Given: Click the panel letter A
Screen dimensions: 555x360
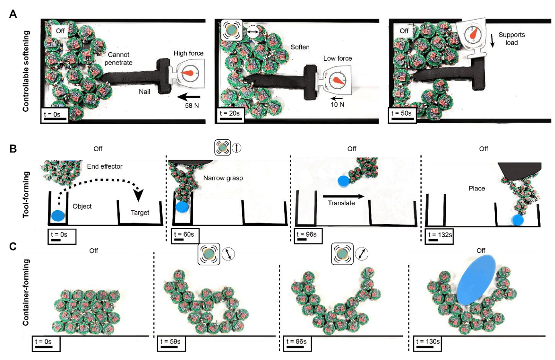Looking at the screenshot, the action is point(13,14).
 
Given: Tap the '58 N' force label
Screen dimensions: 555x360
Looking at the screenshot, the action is point(192,106).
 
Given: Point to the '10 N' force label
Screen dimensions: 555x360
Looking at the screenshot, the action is point(337,104).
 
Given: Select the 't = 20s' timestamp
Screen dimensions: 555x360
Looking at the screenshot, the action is point(230,113).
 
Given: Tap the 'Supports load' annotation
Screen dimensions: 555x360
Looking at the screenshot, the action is point(512,39).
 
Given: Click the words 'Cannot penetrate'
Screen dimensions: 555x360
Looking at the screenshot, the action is point(118,59).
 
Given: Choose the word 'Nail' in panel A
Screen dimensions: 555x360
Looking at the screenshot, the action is point(145,92).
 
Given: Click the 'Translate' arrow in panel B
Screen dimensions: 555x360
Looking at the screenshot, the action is point(343,196).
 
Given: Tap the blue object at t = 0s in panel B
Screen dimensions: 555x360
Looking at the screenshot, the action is point(58,216).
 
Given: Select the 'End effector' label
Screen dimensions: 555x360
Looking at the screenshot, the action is point(104,166).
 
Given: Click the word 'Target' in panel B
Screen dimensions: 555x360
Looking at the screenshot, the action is point(140,213).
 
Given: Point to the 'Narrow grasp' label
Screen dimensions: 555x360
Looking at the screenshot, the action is point(223,178).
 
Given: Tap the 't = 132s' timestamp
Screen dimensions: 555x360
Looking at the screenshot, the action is point(440,235).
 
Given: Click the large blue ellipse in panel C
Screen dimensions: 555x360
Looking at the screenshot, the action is point(476,280).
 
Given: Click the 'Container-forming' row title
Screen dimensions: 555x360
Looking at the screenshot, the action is point(26,292).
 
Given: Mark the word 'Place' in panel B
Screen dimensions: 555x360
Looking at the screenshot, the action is point(477,188).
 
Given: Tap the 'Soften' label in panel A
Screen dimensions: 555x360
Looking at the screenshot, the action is point(300,47).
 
